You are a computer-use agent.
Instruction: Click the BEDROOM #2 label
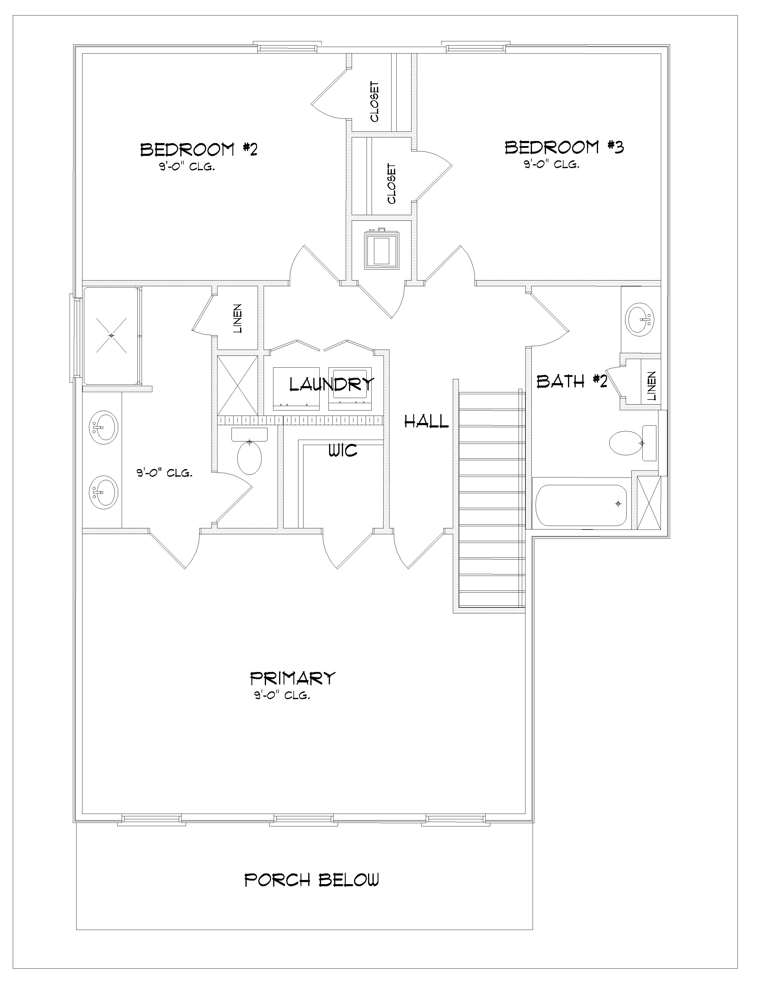point(199,150)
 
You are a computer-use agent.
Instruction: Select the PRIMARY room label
point(293,678)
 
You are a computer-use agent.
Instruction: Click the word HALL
point(427,421)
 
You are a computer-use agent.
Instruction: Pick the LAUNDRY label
point(331,384)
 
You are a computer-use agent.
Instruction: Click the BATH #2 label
point(572,381)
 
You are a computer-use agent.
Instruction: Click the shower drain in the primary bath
point(112,335)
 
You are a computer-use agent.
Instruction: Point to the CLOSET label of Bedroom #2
point(375,102)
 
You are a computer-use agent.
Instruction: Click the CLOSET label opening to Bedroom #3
point(392,184)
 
